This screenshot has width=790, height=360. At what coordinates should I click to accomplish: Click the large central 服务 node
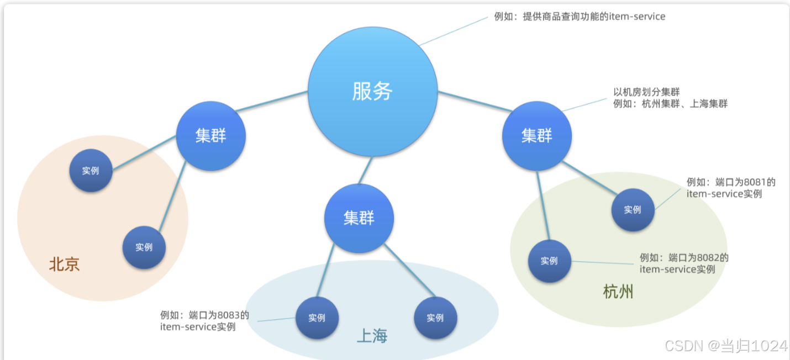pyautogui.click(x=372, y=91)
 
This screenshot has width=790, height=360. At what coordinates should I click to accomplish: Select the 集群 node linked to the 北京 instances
pyautogui.click(x=210, y=136)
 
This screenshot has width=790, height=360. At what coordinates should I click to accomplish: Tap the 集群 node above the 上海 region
pyautogui.click(x=359, y=218)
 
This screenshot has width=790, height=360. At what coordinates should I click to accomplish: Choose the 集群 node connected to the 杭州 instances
pyautogui.click(x=537, y=135)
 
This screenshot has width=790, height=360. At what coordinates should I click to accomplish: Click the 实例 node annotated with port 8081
pyautogui.click(x=633, y=210)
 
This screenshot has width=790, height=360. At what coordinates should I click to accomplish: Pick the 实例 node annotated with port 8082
pyautogui.click(x=549, y=261)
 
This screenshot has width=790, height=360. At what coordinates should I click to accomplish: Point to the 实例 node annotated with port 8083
pyautogui.click(x=317, y=318)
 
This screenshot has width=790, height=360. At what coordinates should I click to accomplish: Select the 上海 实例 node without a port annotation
pyautogui.click(x=435, y=318)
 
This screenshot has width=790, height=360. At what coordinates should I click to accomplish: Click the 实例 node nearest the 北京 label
pyautogui.click(x=144, y=247)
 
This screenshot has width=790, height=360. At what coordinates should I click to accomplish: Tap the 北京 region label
pyautogui.click(x=65, y=264)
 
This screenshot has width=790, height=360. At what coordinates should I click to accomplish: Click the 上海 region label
pyautogui.click(x=372, y=336)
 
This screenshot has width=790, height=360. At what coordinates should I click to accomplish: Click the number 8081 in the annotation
pyautogui.click(x=753, y=182)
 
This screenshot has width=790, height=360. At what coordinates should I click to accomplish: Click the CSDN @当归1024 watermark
pyautogui.click(x=726, y=346)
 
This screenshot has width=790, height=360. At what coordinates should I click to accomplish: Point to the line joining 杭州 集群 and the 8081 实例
pyautogui.click(x=589, y=178)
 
